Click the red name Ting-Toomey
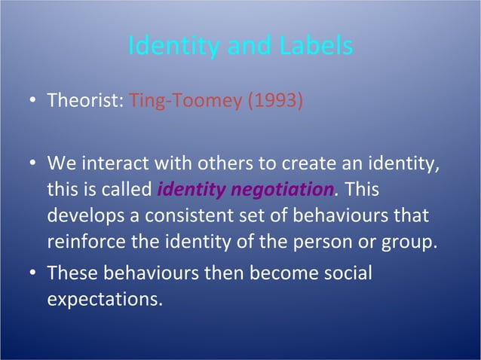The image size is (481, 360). [x=186, y=100]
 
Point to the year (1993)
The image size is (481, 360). [x=276, y=100]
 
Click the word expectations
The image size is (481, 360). [x=104, y=299]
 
